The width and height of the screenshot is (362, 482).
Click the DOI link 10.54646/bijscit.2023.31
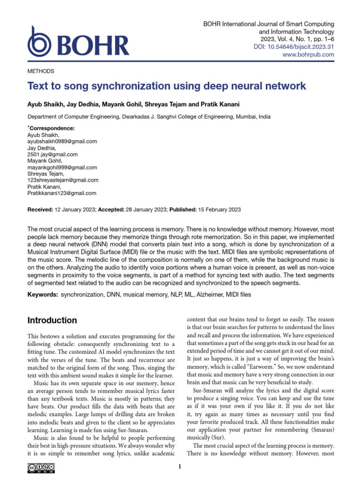tap(307, 47)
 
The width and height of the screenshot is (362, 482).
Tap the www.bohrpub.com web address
tap(308, 55)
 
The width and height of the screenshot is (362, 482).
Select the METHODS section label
tap(41, 71)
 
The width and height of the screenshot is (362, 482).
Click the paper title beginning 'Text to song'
tap(167, 86)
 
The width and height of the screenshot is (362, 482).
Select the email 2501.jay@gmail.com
tap(53, 154)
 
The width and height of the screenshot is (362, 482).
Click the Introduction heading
tap(52, 321)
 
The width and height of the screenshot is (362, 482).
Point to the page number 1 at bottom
tap(181, 467)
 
